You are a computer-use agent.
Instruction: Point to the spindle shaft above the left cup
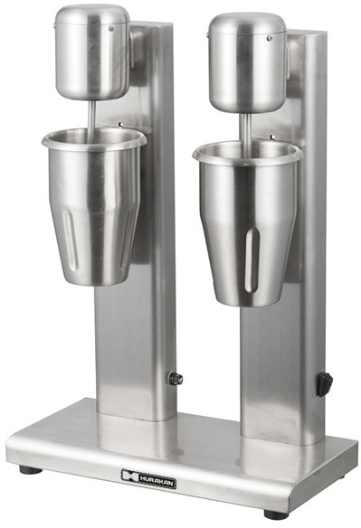(x=92, y=113)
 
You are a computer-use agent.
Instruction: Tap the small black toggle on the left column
(x=176, y=379)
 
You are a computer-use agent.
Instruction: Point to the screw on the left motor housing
(x=111, y=29)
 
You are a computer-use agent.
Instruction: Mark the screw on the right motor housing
(x=270, y=38)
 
